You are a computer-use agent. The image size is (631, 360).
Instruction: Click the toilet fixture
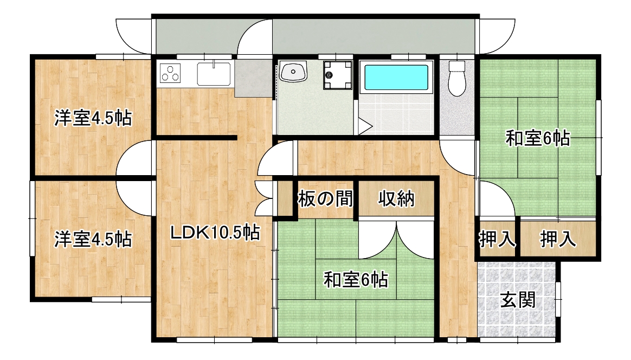[x=457, y=78]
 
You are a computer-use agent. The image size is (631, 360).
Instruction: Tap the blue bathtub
[x=396, y=78]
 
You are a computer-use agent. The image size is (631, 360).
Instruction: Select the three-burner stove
[x=170, y=73]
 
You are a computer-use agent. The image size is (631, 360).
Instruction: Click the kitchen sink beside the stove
[x=214, y=74]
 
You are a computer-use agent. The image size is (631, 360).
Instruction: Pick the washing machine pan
[x=338, y=75]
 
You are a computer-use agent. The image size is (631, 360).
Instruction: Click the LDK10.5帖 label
[x=215, y=233]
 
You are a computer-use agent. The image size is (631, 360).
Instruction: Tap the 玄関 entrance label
[x=518, y=300]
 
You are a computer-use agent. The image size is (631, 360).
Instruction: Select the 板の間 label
[x=325, y=198]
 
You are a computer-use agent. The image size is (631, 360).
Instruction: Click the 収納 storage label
[x=396, y=198]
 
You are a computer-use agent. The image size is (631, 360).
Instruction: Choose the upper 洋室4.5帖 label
[x=93, y=118]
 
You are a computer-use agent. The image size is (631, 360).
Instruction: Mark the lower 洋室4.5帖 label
[x=93, y=239]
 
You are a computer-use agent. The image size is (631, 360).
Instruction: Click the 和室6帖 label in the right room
[x=538, y=138]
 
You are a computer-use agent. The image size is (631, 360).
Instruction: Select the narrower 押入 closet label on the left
[x=498, y=239]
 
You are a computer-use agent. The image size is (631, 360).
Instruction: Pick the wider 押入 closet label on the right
[x=558, y=239]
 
